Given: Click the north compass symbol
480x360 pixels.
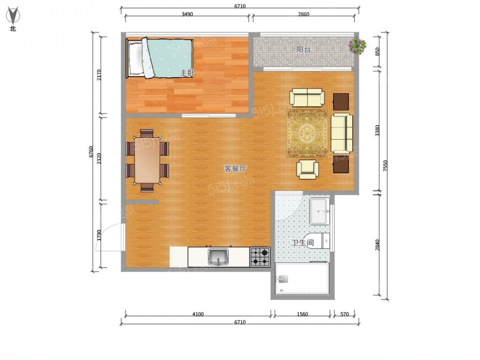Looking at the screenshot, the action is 13,16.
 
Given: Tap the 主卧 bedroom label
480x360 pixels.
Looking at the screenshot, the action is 187,73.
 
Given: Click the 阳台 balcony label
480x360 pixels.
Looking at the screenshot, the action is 304,50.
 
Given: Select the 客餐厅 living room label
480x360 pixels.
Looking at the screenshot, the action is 235,169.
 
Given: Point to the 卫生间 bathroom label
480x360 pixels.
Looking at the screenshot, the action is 302,243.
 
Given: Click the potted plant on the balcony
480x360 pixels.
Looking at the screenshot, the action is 357,46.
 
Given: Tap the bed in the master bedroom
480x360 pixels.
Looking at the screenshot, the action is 160,58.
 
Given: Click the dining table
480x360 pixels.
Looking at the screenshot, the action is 148,160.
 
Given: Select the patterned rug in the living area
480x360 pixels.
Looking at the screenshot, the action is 307,133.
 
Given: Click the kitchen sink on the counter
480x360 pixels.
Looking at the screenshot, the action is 218,257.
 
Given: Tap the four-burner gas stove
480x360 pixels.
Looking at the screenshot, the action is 260,257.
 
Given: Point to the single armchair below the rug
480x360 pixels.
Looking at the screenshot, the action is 307,169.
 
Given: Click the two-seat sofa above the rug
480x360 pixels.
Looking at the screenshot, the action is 307,98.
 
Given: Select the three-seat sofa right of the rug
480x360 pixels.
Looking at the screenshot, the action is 341,133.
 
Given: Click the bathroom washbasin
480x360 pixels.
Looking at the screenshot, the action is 319,211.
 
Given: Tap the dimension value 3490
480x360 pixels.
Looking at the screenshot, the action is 187,14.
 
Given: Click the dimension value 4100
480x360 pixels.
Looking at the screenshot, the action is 198,314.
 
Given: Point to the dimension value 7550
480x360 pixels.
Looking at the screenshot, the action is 385,166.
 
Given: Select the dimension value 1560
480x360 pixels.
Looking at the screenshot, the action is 302,314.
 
